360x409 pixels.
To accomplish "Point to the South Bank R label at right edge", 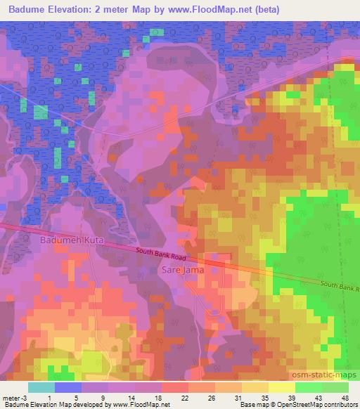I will click(x=340, y=286).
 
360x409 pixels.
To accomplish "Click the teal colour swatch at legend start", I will click(x=41, y=387).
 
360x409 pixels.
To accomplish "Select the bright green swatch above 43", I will click(x=309, y=387).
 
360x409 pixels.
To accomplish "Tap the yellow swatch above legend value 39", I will click(x=282, y=387).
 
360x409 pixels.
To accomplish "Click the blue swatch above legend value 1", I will click(x=68, y=387).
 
